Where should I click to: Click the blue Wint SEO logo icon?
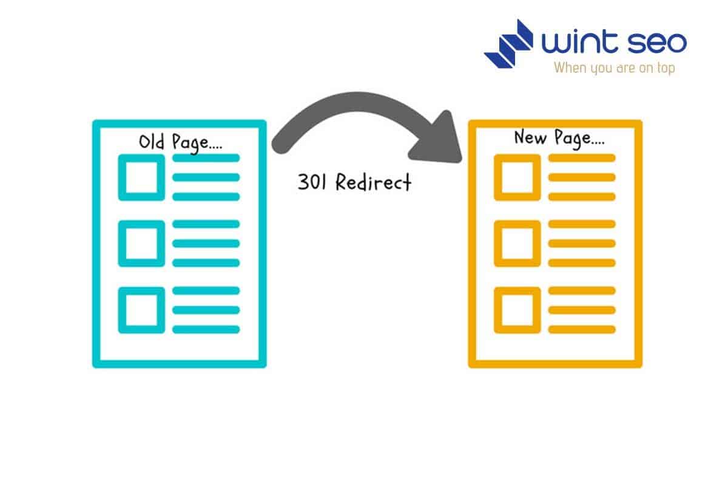click(x=508, y=43)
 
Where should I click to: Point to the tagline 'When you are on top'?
click(x=614, y=67)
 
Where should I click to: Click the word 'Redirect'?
click(x=373, y=182)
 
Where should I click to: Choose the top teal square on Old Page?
click(x=141, y=177)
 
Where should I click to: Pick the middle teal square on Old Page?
click(x=141, y=243)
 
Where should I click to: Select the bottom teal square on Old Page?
click(x=141, y=310)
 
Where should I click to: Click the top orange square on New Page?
click(x=517, y=177)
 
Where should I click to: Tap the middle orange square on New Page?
click(x=517, y=243)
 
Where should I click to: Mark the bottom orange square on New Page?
click(x=517, y=310)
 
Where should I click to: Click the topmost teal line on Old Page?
click(x=206, y=158)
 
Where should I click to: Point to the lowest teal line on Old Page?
click(x=206, y=329)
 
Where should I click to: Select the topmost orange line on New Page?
click(x=582, y=158)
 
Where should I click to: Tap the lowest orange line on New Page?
click(x=582, y=329)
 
